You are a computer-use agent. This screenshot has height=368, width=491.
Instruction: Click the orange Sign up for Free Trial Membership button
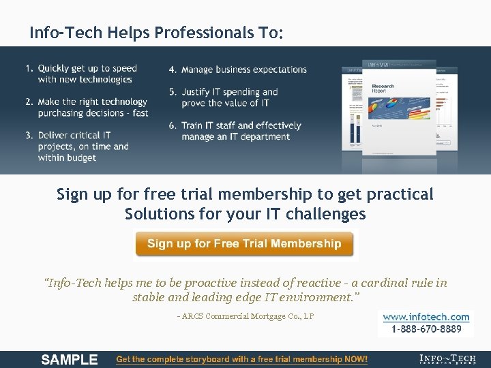coord(244,244)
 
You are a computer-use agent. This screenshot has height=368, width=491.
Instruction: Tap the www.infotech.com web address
coord(426,317)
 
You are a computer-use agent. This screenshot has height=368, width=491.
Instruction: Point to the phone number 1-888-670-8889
coord(426,329)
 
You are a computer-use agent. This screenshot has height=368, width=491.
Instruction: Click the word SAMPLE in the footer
coord(70,360)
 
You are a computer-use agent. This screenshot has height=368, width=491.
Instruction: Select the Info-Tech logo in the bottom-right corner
coord(448,360)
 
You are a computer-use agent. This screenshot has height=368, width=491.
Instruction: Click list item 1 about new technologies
coord(85,74)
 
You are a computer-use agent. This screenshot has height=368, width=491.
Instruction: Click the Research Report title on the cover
coord(383,89)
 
